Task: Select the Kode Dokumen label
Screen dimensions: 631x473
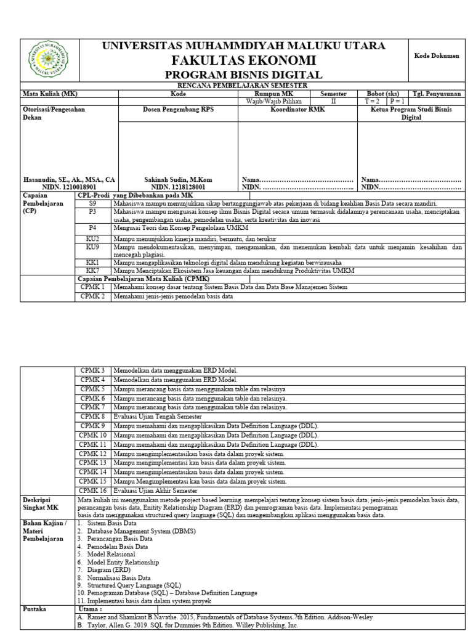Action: (x=437, y=55)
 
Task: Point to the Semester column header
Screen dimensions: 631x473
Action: (x=333, y=94)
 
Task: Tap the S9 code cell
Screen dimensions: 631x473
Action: (x=92, y=203)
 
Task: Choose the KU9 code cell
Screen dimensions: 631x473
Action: (x=92, y=246)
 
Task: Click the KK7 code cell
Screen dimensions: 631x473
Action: (x=92, y=271)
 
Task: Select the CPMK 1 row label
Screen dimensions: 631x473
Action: (x=92, y=287)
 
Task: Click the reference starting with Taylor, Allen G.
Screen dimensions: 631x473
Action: (x=188, y=624)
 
